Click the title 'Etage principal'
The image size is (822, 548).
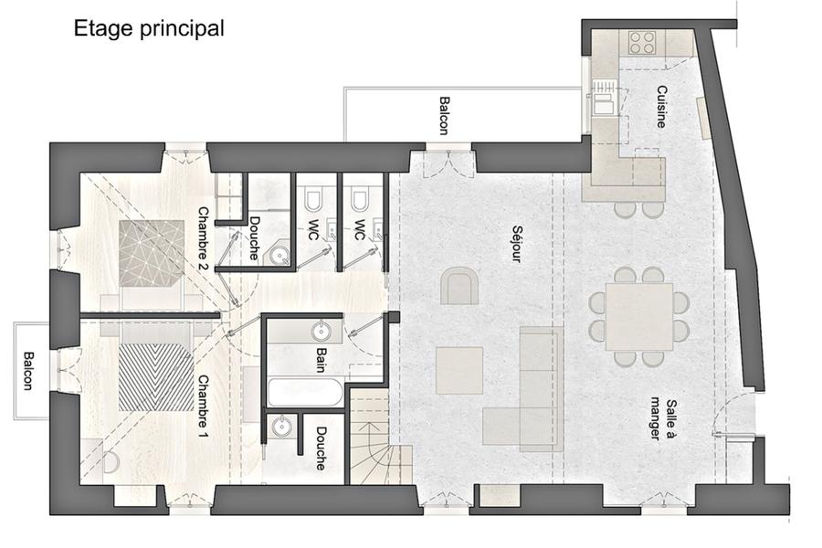(x=149, y=29)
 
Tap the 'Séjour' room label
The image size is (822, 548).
(x=517, y=244)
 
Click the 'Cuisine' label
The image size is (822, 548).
(x=661, y=107)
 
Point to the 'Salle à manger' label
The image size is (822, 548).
(x=662, y=419)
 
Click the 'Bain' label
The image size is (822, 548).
(x=321, y=360)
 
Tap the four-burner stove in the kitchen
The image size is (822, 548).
(x=642, y=42)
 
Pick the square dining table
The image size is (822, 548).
(x=639, y=317)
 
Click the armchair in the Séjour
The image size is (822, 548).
(x=459, y=285)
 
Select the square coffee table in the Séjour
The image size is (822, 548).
(x=459, y=370)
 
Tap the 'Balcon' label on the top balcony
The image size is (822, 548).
(x=444, y=115)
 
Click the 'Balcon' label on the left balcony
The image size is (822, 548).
(x=27, y=371)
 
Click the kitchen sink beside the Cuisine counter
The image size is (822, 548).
(x=604, y=103)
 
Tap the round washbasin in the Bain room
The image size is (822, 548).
(x=321, y=331)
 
